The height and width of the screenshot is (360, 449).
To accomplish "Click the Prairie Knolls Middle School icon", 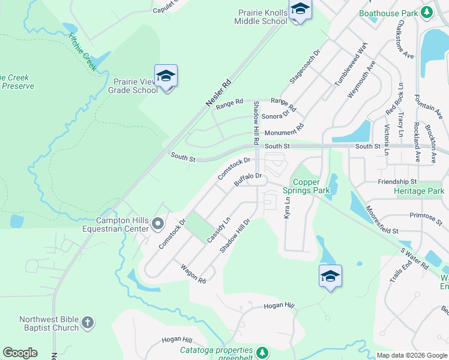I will pos(299,10).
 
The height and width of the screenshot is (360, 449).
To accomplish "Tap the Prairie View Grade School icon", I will pos(166,77).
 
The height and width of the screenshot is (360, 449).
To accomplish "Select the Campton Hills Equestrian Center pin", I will pos(158,224).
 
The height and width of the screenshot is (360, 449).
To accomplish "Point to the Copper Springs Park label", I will pos(312,186).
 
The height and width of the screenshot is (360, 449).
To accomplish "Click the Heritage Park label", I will pos(418,191).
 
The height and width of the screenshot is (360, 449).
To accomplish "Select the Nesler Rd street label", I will pos(218,94).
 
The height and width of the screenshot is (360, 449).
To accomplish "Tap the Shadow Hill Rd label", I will pos(256,122).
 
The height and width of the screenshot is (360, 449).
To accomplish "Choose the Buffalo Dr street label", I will pos(249,179).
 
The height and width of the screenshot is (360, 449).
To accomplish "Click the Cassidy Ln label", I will pos(219,230).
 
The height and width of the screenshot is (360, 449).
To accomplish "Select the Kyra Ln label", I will pos(287,208).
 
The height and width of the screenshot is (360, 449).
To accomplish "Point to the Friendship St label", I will pos(397,181).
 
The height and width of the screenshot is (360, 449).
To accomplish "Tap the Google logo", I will pos(20,353).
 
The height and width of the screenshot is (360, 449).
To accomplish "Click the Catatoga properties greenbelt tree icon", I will pos(261,352).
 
